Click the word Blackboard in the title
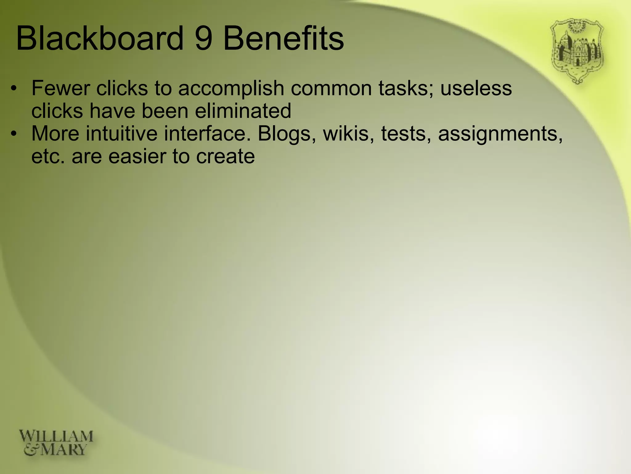(100, 39)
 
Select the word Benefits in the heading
(283, 39)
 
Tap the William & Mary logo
(56, 443)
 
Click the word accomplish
(231, 89)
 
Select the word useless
(476, 88)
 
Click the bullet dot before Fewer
(13, 89)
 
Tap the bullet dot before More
(13, 134)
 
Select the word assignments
(500, 135)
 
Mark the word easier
(137, 156)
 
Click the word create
(225, 156)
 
